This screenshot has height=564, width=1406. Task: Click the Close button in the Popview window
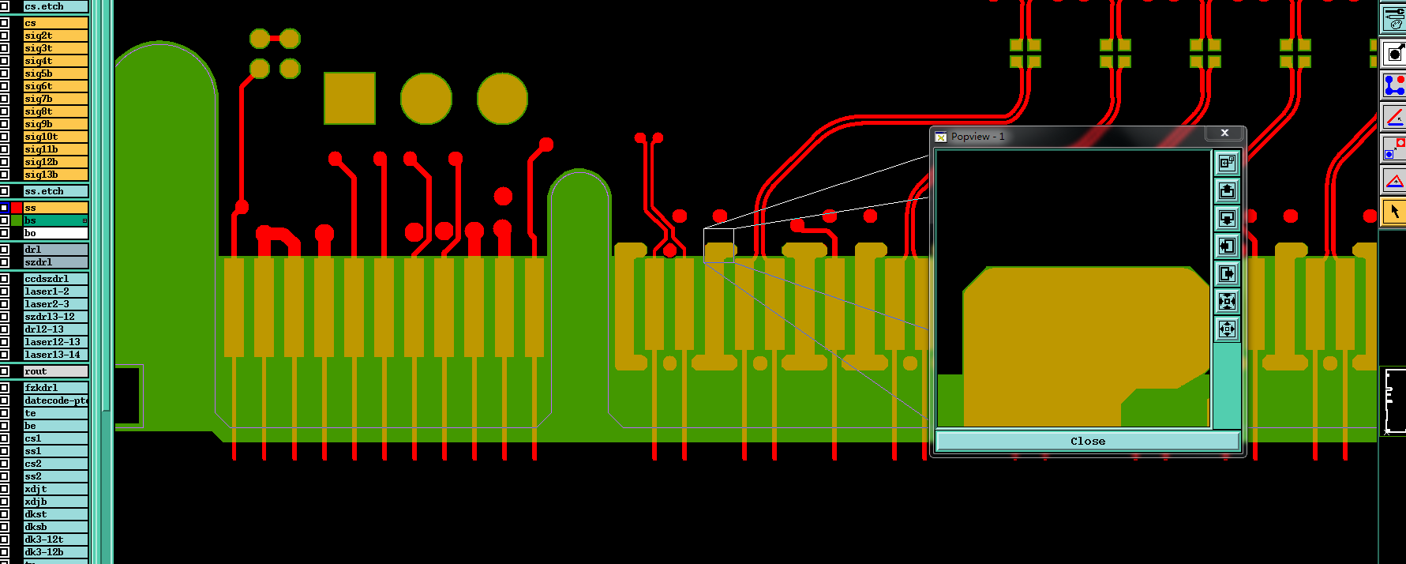click(x=1087, y=441)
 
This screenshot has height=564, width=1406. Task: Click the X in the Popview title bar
click(x=1224, y=133)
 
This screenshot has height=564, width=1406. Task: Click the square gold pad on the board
click(x=349, y=98)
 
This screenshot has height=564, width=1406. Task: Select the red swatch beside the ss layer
click(x=16, y=208)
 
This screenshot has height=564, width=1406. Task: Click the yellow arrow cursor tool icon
click(x=1394, y=211)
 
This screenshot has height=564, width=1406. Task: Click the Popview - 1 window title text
click(x=977, y=137)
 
